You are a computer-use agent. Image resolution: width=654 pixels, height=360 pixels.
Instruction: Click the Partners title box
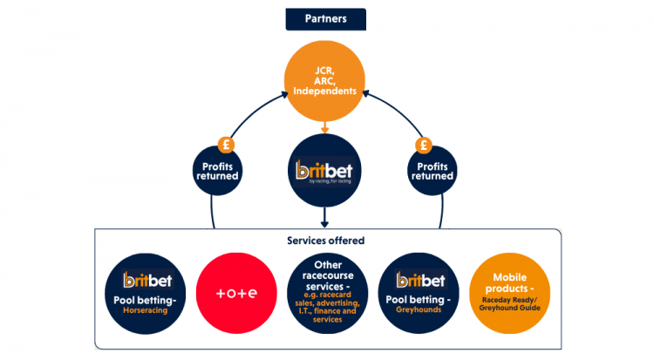pos(325,18)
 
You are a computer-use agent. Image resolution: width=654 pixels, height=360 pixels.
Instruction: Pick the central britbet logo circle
pos(325,170)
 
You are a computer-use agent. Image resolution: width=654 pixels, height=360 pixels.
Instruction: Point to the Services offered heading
pos(325,240)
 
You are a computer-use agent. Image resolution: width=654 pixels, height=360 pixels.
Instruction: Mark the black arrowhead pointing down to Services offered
pos(325,221)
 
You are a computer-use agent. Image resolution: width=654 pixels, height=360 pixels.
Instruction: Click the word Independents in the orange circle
pos(325,92)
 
